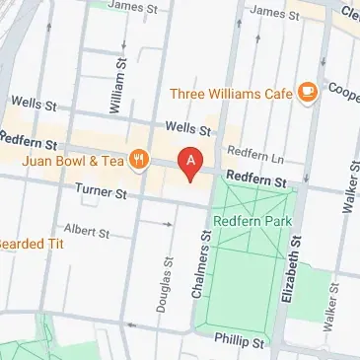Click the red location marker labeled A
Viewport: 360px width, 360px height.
coord(190,162)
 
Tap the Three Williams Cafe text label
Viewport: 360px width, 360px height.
coord(232,94)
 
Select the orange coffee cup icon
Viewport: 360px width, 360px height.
coord(308,93)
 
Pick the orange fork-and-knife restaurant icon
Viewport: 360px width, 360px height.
coord(140,157)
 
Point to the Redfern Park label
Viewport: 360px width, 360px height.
coord(255,223)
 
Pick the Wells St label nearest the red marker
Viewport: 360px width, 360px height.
coord(188,127)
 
